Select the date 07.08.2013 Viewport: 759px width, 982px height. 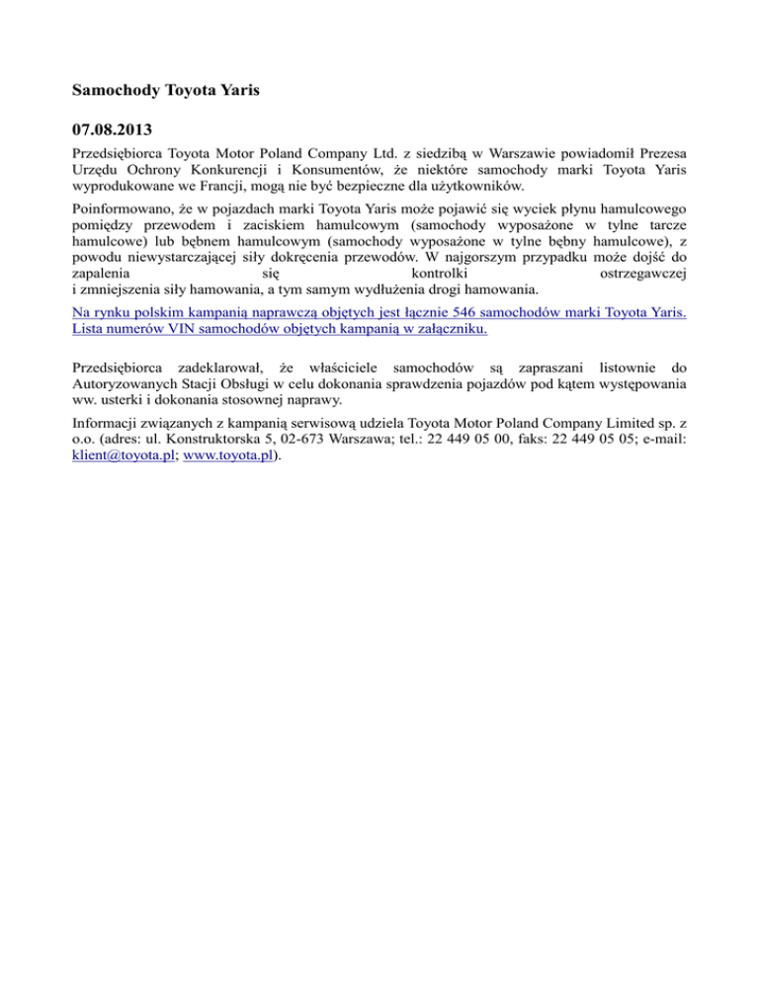point(111,129)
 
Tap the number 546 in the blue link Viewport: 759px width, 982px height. point(458,310)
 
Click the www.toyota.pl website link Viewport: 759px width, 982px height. point(225,455)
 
